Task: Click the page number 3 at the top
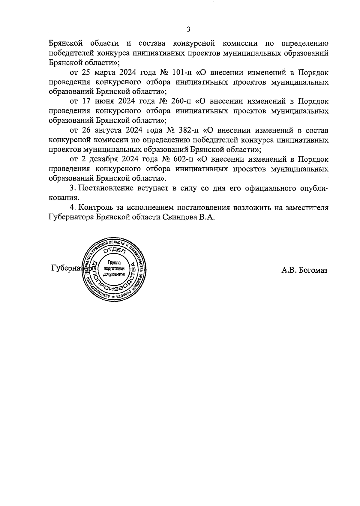(x=188, y=29)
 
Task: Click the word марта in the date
(x=106, y=73)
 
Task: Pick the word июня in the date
(x=105, y=102)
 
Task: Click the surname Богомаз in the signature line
(x=314, y=270)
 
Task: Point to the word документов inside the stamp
(x=113, y=274)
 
